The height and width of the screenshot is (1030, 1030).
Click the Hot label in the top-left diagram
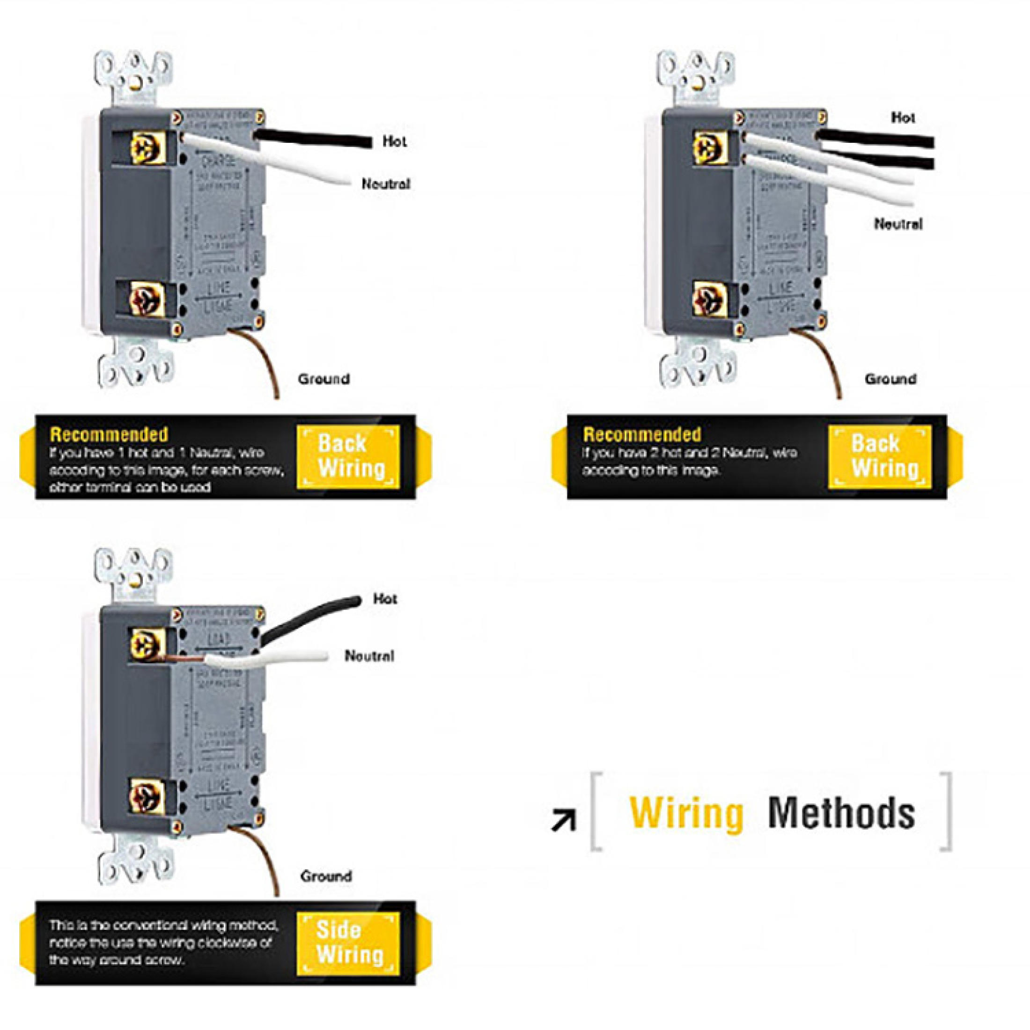[x=395, y=141]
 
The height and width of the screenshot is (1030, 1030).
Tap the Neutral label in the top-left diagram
[x=386, y=184]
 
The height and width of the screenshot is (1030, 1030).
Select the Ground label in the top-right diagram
[x=890, y=379]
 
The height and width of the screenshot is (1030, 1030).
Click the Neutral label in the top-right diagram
[x=898, y=224]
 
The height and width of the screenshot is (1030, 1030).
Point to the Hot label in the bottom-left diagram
[x=385, y=599]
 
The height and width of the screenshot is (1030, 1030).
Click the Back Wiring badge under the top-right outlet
[x=879, y=456]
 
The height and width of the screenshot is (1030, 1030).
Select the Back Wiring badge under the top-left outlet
[x=348, y=456]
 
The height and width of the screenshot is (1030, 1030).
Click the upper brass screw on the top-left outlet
[x=145, y=147]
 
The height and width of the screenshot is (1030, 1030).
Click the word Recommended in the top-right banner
[x=642, y=434]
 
